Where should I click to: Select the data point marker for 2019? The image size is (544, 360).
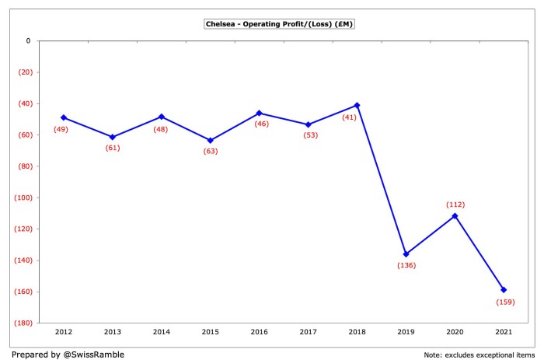coord(406,254)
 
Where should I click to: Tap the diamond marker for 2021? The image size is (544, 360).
coord(504,290)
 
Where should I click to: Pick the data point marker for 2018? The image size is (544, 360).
coord(357,105)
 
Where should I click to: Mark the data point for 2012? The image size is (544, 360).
coord(64,117)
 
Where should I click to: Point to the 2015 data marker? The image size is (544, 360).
coord(211,141)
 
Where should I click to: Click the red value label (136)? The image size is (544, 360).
coord(406,266)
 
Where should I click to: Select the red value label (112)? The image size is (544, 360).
coord(455,204)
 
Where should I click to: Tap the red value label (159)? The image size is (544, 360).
coord(504,302)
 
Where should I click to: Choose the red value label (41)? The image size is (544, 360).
coord(349,117)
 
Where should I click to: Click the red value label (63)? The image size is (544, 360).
coord(211,152)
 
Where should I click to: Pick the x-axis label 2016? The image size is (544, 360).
coord(259,332)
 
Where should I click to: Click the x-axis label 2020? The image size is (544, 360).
coord(455,332)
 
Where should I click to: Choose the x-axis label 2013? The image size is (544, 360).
coord(113,332)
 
